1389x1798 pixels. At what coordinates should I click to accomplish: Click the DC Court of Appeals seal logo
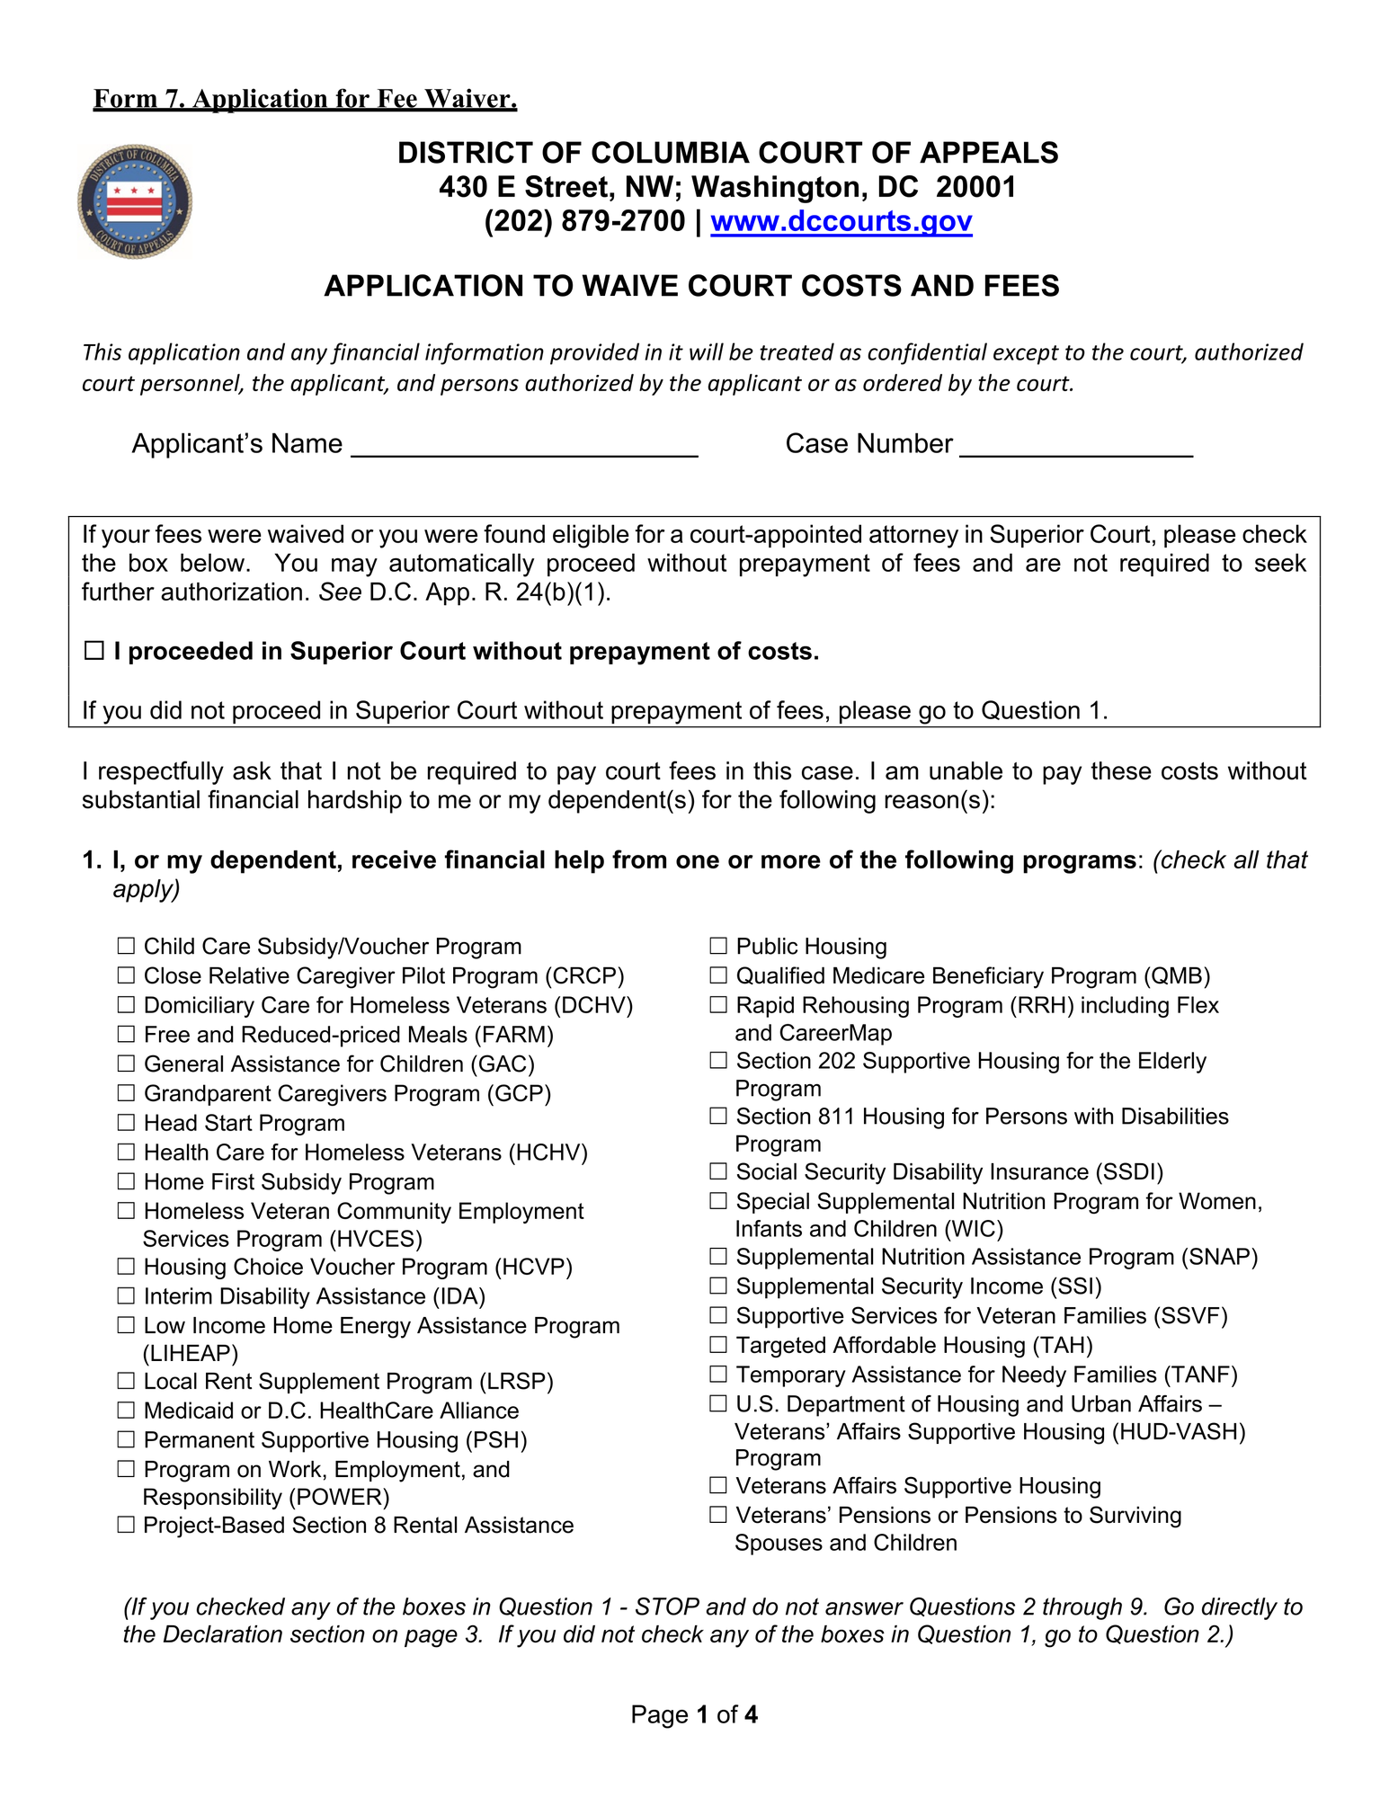pyautogui.click(x=135, y=202)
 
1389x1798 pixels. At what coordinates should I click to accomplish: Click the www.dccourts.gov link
pyautogui.click(x=841, y=221)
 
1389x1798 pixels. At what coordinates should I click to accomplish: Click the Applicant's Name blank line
pyautogui.click(x=524, y=447)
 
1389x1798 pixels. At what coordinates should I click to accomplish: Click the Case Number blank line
pyautogui.click(x=1075, y=447)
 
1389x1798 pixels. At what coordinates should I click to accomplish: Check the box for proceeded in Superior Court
pyautogui.click(x=94, y=651)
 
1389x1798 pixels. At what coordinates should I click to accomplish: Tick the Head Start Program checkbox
pyautogui.click(x=127, y=1123)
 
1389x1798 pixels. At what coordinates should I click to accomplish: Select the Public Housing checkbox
pyautogui.click(x=718, y=946)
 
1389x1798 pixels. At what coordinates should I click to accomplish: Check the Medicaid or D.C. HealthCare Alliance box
pyautogui.click(x=127, y=1411)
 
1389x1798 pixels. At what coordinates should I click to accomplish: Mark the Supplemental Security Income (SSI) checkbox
pyautogui.click(x=718, y=1286)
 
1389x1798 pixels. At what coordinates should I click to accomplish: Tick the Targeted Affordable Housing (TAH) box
pyautogui.click(x=718, y=1345)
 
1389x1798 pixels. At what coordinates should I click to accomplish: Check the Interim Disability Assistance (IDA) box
pyautogui.click(x=127, y=1296)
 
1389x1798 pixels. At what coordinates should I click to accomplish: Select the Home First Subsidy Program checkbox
pyautogui.click(x=127, y=1181)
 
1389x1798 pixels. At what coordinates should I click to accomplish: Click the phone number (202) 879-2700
pyautogui.click(x=584, y=221)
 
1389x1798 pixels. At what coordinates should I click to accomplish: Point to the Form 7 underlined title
pyautogui.click(x=306, y=99)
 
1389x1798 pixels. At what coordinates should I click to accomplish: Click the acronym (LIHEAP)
pyautogui.click(x=191, y=1353)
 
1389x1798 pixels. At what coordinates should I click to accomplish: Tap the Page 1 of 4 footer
pyautogui.click(x=694, y=1714)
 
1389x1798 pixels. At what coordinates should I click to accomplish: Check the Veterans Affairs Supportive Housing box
pyautogui.click(x=718, y=1486)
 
